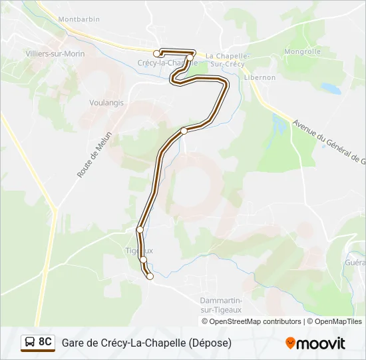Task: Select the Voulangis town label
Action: [x=107, y=103]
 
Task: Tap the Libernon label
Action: [x=260, y=77]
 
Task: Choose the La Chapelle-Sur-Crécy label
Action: [x=227, y=60]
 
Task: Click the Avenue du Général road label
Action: [x=329, y=141]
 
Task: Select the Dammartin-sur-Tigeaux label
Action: [x=221, y=305]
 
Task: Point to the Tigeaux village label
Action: [x=138, y=251]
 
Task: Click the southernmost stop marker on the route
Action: [x=150, y=276]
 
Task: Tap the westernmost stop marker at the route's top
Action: [x=157, y=53]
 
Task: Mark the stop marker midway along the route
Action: [x=184, y=131]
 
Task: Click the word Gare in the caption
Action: [x=74, y=343]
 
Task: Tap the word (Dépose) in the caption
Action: [x=210, y=343]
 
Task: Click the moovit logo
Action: [x=315, y=343]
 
